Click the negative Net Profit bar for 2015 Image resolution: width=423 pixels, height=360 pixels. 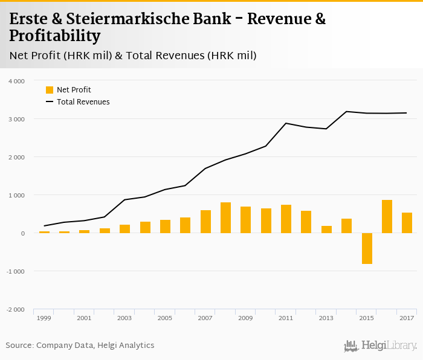(367, 248)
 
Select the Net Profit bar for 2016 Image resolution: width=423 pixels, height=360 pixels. (387, 216)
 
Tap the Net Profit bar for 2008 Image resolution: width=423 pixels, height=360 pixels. (225, 217)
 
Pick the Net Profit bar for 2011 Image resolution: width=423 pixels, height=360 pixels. (286, 219)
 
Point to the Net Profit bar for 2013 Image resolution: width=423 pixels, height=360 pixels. (326, 230)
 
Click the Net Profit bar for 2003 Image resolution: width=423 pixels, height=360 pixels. (124, 229)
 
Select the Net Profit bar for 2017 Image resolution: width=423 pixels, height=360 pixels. (407, 223)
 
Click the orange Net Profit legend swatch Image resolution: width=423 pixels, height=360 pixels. (50, 90)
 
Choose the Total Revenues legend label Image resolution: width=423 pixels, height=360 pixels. (83, 102)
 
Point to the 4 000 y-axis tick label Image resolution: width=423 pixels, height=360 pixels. (16, 81)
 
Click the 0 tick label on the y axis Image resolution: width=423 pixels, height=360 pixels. (23, 233)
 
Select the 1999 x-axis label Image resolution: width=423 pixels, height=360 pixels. (44, 318)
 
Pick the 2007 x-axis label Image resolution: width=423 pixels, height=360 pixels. (205, 318)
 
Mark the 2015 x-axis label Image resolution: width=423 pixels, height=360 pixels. (366, 318)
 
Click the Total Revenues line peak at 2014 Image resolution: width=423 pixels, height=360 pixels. (346, 111)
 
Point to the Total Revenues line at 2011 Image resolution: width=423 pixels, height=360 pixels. (286, 123)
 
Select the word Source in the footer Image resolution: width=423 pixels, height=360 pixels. (19, 346)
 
